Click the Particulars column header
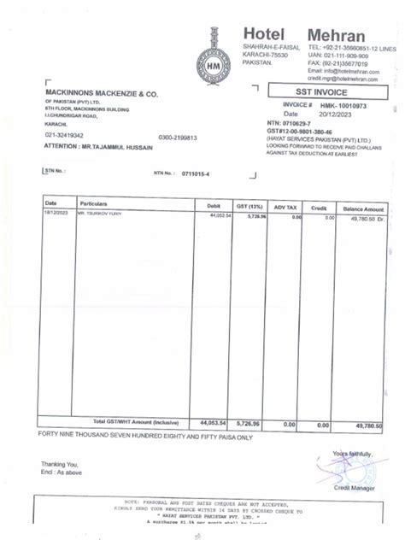click(x=95, y=205)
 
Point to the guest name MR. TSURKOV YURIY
click(x=99, y=217)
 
